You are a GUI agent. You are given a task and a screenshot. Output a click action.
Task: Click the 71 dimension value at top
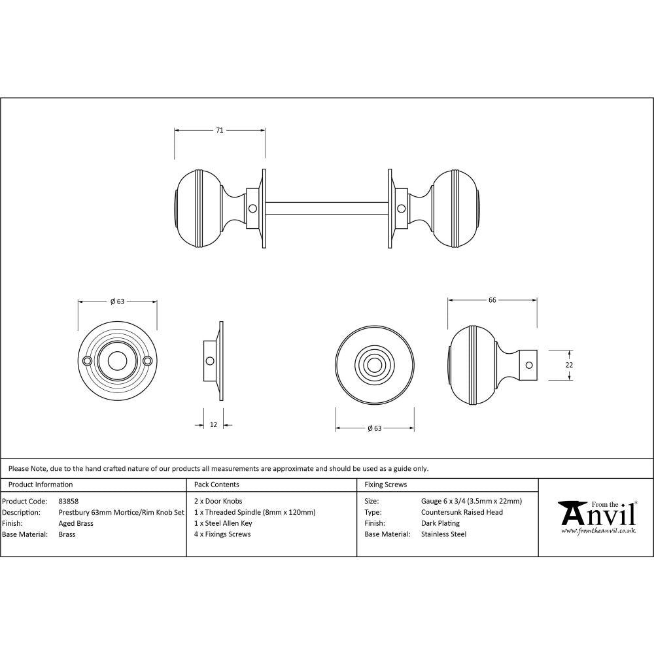pyautogui.click(x=220, y=131)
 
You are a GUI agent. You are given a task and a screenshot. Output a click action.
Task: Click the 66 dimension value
pyautogui.click(x=492, y=300)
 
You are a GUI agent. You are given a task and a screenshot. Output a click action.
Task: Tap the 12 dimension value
pyautogui.click(x=213, y=425)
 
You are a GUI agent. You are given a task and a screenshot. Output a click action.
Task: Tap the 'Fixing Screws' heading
pyautogui.click(x=386, y=485)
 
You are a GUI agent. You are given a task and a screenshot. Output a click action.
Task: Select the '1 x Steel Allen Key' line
pyautogui.click(x=223, y=523)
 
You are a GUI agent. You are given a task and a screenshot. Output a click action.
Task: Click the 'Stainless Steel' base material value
pyautogui.click(x=444, y=534)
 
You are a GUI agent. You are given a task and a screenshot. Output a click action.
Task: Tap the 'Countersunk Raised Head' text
pyautogui.click(x=462, y=512)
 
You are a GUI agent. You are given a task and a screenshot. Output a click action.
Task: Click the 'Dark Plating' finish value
pyautogui.click(x=440, y=523)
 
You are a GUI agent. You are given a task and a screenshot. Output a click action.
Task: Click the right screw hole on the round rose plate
pyautogui.click(x=147, y=360)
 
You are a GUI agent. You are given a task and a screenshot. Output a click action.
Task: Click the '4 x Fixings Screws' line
pyautogui.click(x=222, y=534)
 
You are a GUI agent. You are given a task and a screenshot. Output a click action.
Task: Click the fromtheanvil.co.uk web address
pyautogui.click(x=598, y=531)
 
